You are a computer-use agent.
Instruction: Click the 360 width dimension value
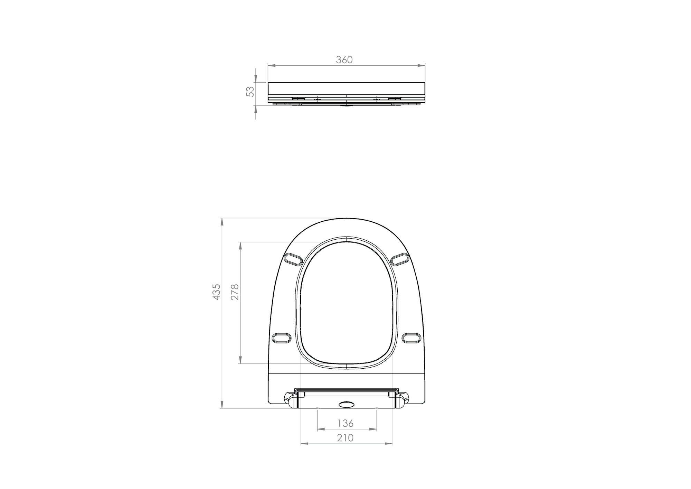[x=344, y=60]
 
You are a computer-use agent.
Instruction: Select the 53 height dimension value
[x=250, y=91]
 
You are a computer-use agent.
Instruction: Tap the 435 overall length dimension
[x=216, y=292]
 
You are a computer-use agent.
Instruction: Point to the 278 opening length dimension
[x=235, y=292]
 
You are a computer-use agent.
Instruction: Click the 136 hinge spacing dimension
[x=345, y=423]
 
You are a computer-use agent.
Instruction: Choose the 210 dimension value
[x=345, y=438]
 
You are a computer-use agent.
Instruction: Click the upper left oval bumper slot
[x=293, y=259]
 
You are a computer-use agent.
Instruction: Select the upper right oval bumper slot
[x=400, y=259]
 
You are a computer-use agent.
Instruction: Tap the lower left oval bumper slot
[x=282, y=338]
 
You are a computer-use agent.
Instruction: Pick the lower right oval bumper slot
[x=412, y=338]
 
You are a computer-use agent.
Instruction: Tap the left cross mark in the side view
[x=317, y=100]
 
